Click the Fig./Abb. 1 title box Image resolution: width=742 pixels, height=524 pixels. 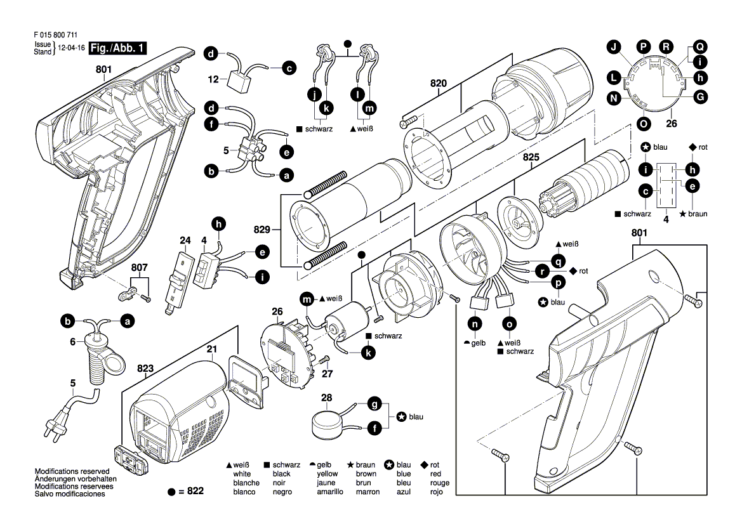(x=118, y=48)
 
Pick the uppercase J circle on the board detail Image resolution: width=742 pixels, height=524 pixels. (x=613, y=46)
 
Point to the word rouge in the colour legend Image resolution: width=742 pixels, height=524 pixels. (x=439, y=483)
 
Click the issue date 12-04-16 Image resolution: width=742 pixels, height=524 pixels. (x=72, y=48)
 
